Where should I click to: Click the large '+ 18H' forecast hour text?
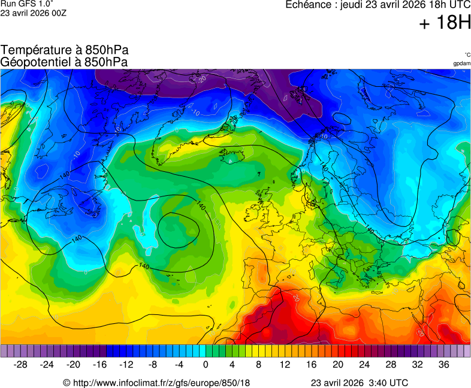tap(445, 24)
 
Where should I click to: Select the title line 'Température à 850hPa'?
tap(64, 50)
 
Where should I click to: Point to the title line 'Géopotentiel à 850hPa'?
tap(64, 62)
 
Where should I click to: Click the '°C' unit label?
tap(467, 54)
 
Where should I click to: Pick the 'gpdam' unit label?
tap(461, 63)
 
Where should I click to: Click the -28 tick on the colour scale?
tap(21, 365)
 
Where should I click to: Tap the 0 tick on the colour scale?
tap(206, 365)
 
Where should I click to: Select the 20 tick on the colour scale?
tap(337, 365)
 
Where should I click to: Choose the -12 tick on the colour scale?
tap(126, 365)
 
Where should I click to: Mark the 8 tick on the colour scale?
tap(258, 365)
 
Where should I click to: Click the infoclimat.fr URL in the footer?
tap(156, 383)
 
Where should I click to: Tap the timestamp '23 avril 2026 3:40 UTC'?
tap(360, 383)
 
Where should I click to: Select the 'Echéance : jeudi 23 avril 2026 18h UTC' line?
tap(378, 5)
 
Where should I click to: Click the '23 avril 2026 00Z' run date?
tap(33, 12)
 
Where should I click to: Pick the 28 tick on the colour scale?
tap(390, 365)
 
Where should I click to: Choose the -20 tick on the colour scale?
tap(74, 365)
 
